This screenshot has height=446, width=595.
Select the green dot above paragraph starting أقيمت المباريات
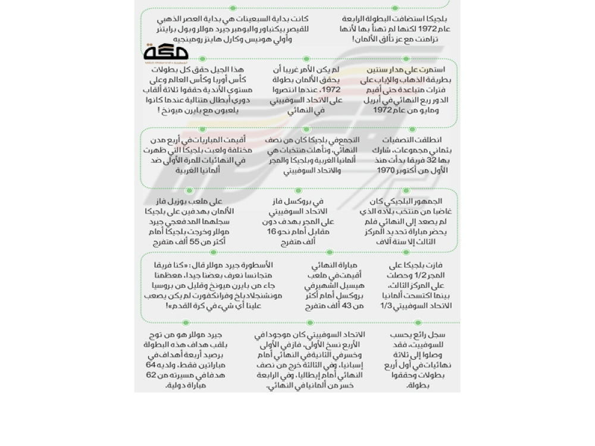tap(202, 129)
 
